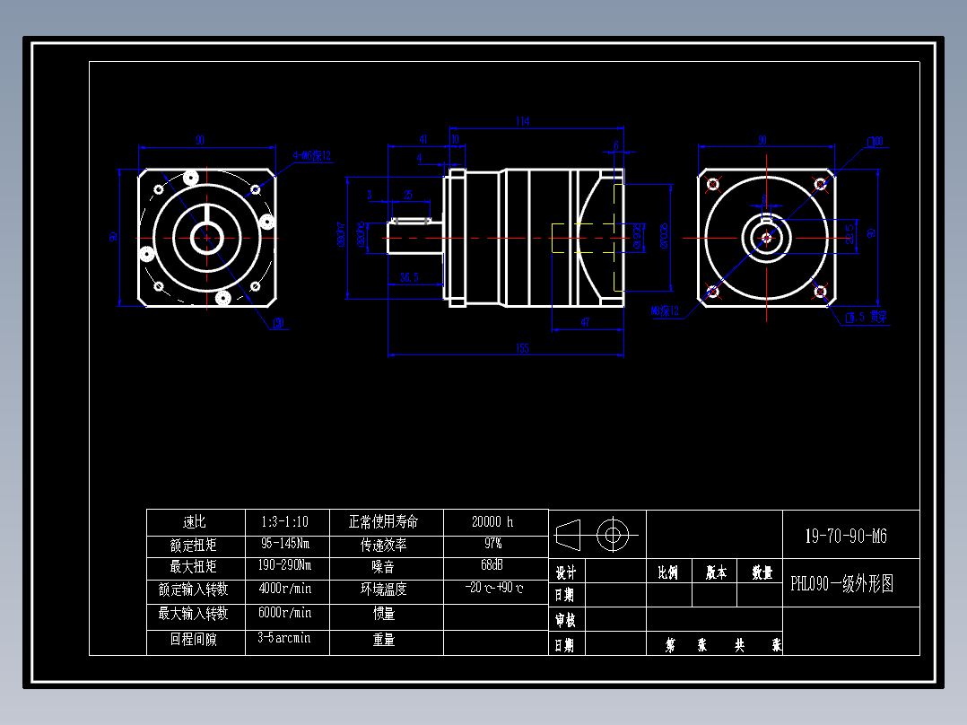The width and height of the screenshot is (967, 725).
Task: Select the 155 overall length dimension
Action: click(x=522, y=348)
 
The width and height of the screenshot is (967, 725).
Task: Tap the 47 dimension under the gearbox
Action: click(x=585, y=321)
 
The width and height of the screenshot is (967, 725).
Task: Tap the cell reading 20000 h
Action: click(x=492, y=521)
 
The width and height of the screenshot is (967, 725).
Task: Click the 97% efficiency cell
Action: click(x=492, y=544)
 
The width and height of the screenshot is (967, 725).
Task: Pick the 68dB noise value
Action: click(x=492, y=566)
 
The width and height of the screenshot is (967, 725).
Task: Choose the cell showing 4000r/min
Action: click(x=284, y=590)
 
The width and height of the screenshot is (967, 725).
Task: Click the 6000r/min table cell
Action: click(x=284, y=613)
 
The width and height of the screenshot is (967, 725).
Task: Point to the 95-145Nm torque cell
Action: click(x=284, y=544)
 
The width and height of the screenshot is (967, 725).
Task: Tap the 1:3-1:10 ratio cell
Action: click(x=284, y=521)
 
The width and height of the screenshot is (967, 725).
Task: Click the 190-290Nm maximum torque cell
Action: click(x=284, y=566)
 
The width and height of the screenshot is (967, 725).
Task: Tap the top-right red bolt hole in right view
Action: click(x=820, y=185)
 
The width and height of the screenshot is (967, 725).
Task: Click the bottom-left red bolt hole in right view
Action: click(x=713, y=291)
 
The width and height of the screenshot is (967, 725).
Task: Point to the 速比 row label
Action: click(x=195, y=521)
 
